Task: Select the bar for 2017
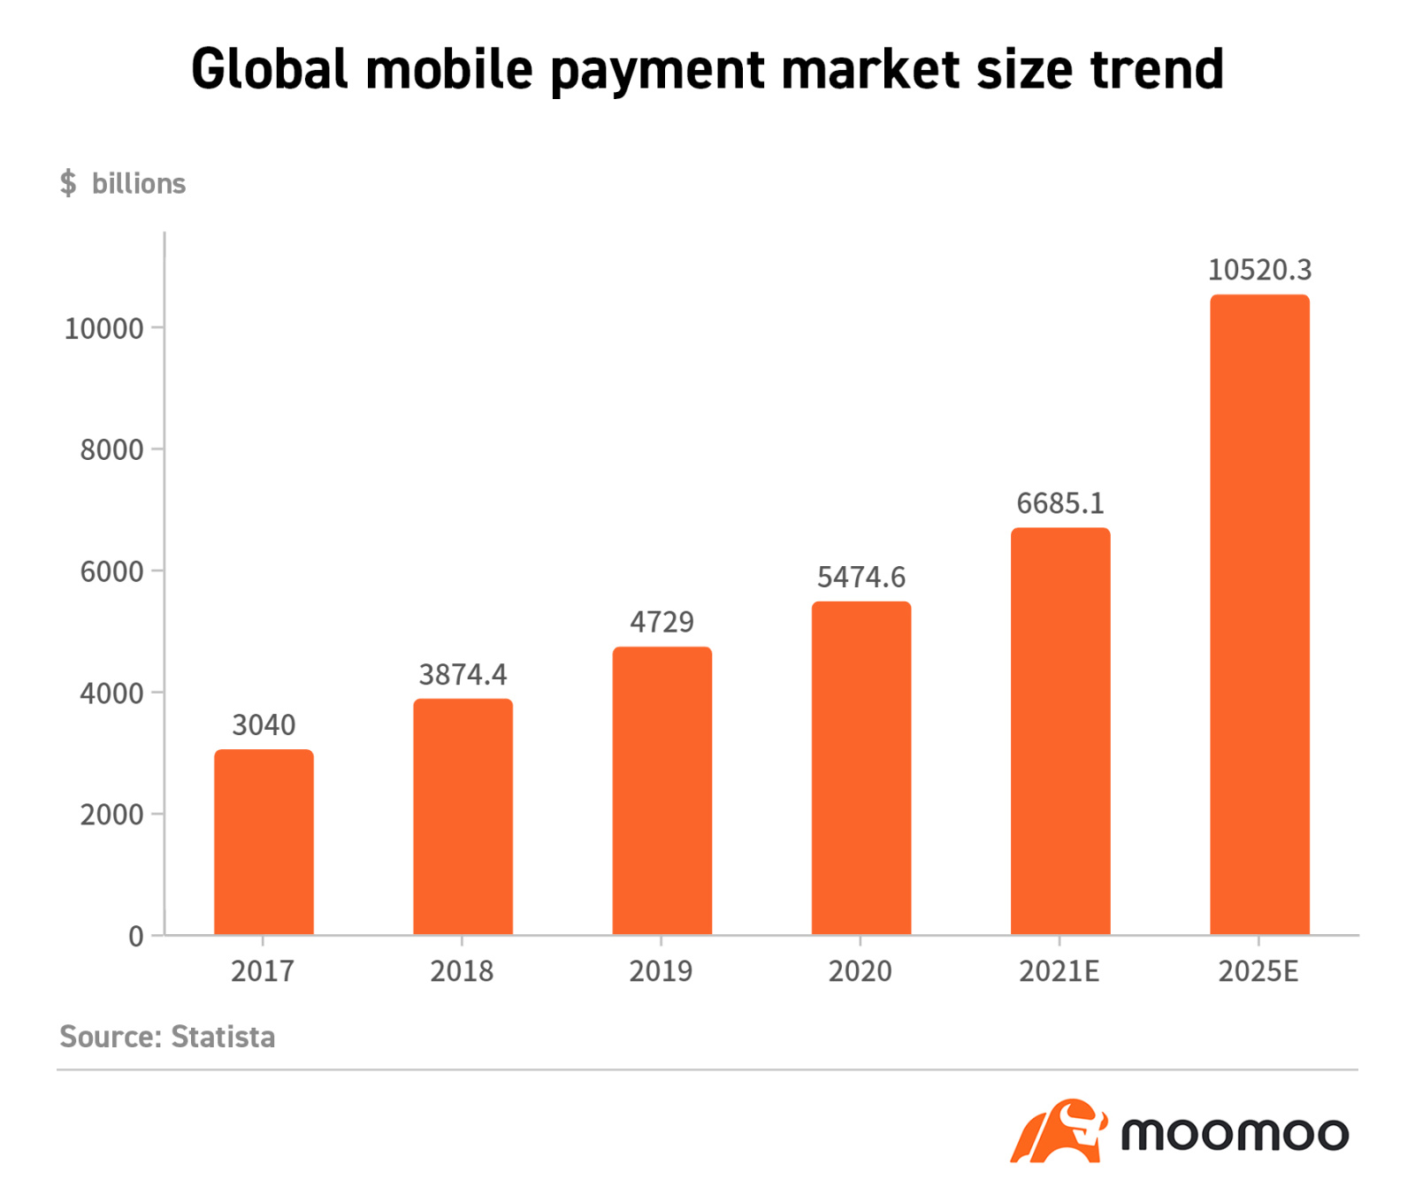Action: (x=264, y=841)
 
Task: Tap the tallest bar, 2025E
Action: (x=1259, y=614)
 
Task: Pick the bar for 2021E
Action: (x=1060, y=731)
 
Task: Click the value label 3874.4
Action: (x=463, y=675)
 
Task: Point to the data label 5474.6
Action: (x=860, y=578)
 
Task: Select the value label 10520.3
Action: (x=1259, y=270)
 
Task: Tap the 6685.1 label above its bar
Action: (x=1060, y=503)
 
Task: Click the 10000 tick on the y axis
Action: (x=103, y=329)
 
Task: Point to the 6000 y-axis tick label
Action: (x=111, y=572)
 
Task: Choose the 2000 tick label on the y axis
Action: (x=111, y=815)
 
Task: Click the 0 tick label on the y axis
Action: (x=135, y=936)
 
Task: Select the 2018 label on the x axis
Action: (x=462, y=971)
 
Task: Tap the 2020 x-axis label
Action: (x=860, y=971)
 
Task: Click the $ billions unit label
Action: (x=122, y=183)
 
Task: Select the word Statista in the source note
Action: (x=223, y=1037)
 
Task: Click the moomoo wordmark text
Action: (x=1235, y=1134)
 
